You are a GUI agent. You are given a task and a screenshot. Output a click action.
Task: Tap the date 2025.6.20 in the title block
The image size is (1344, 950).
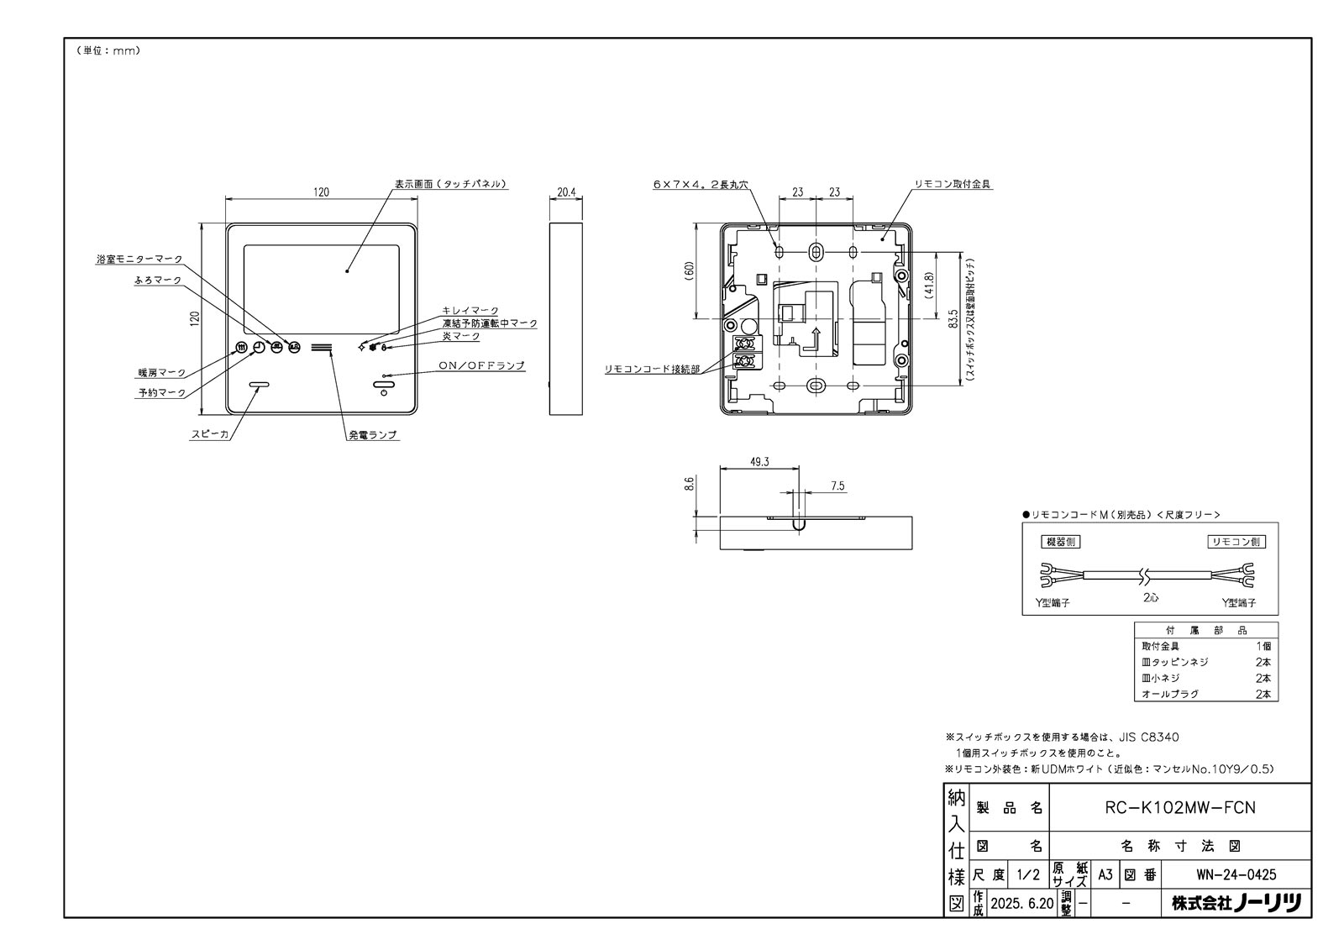tap(1021, 904)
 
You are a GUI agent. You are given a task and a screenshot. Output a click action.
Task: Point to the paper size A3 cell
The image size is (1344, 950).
tap(1105, 874)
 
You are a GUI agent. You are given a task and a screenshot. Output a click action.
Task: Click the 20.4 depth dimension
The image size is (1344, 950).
tap(566, 192)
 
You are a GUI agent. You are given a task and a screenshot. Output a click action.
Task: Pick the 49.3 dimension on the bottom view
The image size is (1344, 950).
tap(759, 461)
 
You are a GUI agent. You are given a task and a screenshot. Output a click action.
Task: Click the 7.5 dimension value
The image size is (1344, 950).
tap(837, 485)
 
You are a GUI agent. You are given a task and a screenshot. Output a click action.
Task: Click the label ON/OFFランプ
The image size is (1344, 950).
tap(482, 365)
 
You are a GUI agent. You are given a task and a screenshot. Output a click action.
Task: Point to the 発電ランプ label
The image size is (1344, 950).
tap(373, 435)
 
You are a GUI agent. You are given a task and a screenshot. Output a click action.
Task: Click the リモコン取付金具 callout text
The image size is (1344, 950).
tap(953, 183)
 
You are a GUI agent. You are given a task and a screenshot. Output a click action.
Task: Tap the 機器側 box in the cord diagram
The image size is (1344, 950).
tap(1060, 542)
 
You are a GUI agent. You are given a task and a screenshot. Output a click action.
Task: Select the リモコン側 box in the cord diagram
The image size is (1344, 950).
tap(1236, 542)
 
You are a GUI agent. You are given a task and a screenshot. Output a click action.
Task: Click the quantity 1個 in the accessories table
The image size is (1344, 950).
tap(1263, 646)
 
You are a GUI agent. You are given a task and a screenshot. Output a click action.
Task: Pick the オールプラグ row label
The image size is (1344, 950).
tap(1169, 695)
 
